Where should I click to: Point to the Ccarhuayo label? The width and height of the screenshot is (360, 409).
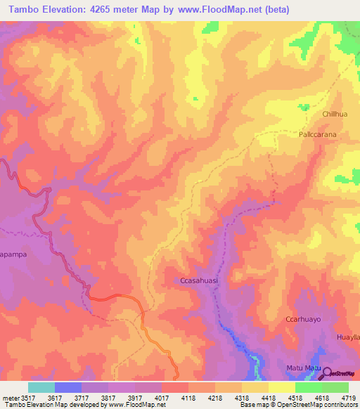point(303,320)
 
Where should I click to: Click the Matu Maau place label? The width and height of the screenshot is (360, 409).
point(303,368)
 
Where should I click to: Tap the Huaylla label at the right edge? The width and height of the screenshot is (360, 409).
point(348,337)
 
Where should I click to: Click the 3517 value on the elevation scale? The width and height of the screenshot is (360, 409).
point(27,397)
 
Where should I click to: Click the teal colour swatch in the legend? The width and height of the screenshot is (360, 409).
point(41,387)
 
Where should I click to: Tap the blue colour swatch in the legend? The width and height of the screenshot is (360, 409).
point(67,387)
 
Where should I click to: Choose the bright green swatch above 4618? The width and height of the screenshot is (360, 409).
point(309,387)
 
